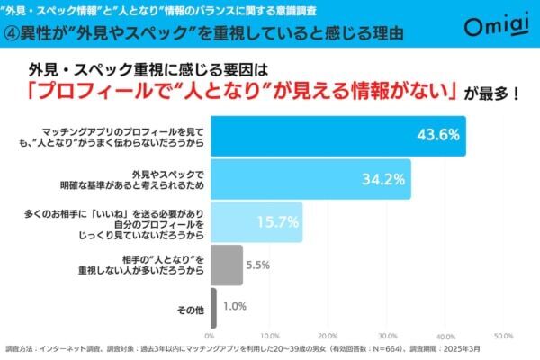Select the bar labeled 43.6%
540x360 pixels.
337,136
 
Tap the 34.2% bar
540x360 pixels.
310,179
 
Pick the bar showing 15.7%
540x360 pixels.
256,222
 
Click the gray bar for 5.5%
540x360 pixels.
227,265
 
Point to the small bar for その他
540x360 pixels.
213,308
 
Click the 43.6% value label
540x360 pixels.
439,136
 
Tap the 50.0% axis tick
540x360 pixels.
503,336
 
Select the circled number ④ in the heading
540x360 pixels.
13,35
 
